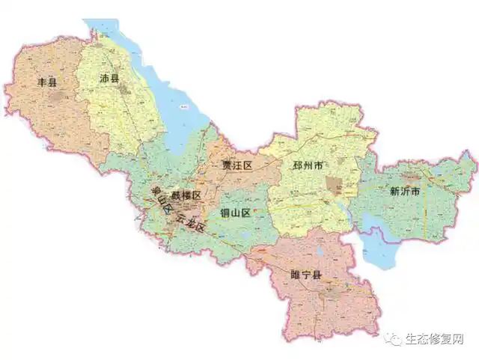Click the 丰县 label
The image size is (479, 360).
click(47, 81)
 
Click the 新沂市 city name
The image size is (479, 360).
click(404, 191)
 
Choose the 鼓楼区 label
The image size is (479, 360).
click(185, 195)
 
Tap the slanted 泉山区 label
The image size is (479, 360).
click(159, 200)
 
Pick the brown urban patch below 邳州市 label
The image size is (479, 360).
click(333, 185)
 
